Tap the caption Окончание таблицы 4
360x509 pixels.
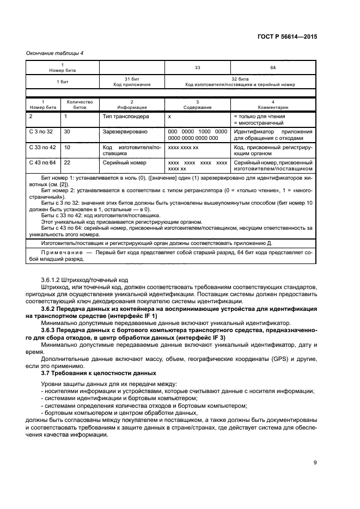pos(54,53)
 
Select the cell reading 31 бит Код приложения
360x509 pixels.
pos(131,82)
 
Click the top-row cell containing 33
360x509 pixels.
pos(197,68)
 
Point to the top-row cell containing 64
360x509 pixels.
pos(272,68)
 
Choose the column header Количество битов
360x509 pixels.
pos(80,105)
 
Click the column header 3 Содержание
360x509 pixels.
pos(197,105)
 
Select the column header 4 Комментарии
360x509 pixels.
pos(272,105)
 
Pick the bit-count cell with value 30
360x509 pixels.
pos(67,131)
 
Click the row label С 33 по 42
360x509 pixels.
pos(42,147)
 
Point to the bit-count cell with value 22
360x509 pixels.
pos(67,162)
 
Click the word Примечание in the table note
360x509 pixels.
pos(63,253)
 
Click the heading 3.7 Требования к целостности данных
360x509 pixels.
pos(99,372)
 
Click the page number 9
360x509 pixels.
pos(315,462)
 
